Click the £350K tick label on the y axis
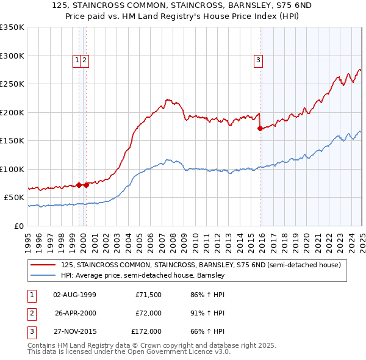click(x=12, y=27)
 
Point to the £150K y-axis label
click(x=12, y=141)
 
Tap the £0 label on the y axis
click(x=18, y=226)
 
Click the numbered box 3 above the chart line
click(x=259, y=60)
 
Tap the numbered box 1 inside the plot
click(x=77, y=60)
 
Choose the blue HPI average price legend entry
click(x=143, y=275)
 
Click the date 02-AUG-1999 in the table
click(x=75, y=295)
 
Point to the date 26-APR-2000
click(x=75, y=313)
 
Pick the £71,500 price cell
click(x=148, y=295)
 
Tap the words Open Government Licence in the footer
click(x=170, y=351)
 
